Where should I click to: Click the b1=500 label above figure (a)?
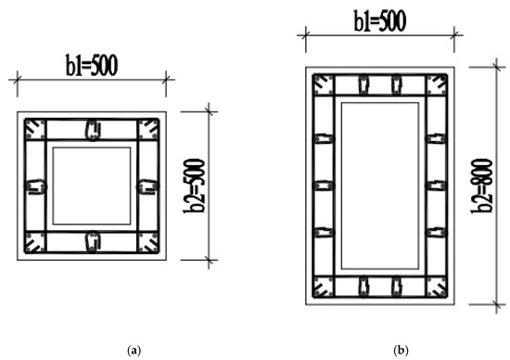click(92, 66)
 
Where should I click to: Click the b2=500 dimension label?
click(194, 186)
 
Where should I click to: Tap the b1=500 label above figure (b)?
click(380, 20)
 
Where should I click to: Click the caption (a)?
click(134, 351)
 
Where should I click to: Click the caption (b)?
click(401, 351)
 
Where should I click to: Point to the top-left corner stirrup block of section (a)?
click(35, 129)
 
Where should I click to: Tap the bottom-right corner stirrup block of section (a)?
click(148, 242)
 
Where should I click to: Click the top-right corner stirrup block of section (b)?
click(437, 84)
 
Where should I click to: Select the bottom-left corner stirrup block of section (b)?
click(323, 287)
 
